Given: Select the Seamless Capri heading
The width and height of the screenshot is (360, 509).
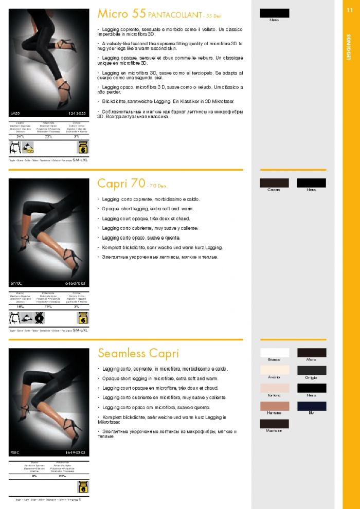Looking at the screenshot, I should click(138, 353).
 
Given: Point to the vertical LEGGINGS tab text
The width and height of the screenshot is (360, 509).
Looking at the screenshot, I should click(349, 47).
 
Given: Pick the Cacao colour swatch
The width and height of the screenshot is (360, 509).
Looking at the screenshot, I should click(275, 183).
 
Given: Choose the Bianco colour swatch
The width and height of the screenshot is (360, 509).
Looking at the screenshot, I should click(275, 353).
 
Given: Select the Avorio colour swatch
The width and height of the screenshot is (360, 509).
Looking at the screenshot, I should click(275, 370).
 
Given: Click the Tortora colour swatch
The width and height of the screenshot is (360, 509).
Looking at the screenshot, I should click(275, 388).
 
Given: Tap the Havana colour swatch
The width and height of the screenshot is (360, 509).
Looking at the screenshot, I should click(275, 406).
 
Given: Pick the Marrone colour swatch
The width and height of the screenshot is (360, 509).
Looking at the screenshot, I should click(275, 424).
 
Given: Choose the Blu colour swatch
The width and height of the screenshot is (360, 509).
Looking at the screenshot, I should click(312, 406).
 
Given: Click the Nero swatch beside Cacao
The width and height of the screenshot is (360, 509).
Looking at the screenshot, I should click(312, 183).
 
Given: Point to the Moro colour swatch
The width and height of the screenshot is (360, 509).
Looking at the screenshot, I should click(312, 353).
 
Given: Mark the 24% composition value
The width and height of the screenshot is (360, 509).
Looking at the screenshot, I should click(21, 136).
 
